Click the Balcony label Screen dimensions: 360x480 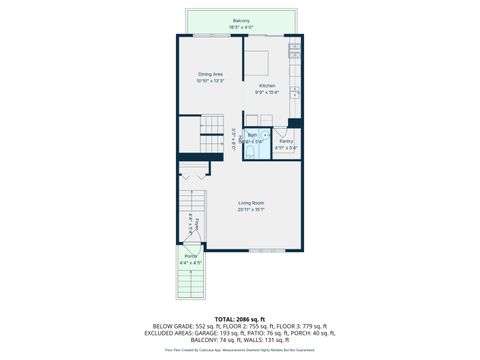pyautogui.click(x=240, y=19)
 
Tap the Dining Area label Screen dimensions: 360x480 pyautogui.click(x=209, y=75)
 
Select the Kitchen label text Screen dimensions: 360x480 pyautogui.click(x=267, y=86)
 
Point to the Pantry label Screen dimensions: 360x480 pyautogui.click(x=286, y=141)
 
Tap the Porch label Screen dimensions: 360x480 pyautogui.click(x=190, y=257)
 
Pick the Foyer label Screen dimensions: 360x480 pyautogui.click(x=198, y=224)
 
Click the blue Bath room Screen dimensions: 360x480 pyautogui.click(x=255, y=141)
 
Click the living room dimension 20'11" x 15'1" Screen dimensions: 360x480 pyautogui.click(x=250, y=210)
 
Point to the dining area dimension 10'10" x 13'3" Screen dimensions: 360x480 pyautogui.click(x=209, y=81)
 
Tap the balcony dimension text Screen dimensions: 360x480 pyautogui.click(x=240, y=25)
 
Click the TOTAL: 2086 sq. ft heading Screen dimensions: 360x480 pyautogui.click(x=240, y=318)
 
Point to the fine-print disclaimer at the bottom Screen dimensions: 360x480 pyautogui.click(x=240, y=352)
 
